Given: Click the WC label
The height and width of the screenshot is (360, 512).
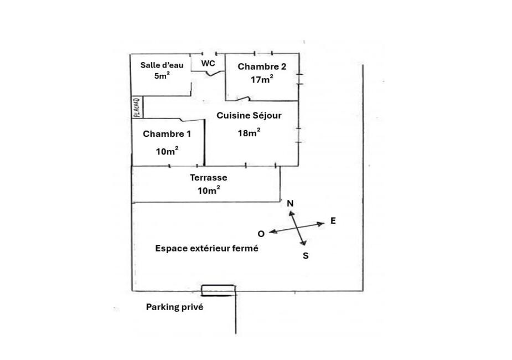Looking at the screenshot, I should tap(208, 63).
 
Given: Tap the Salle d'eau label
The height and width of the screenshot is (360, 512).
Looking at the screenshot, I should tap(162, 65).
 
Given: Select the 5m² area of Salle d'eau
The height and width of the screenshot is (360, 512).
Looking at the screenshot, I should tap(162, 76).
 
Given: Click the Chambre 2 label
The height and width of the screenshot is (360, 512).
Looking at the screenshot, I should tap(262, 66).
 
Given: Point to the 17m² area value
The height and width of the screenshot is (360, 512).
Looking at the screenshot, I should tap(262, 79).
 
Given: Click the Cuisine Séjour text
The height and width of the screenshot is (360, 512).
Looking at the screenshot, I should tap(249, 116).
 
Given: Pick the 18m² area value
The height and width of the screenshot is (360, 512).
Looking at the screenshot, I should tap(249, 132).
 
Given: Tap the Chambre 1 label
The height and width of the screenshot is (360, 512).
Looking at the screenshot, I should tap(167, 133).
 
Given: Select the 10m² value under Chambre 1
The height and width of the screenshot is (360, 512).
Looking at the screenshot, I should tap(167, 151).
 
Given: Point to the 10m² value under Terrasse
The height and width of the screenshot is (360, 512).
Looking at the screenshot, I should tap(209, 190).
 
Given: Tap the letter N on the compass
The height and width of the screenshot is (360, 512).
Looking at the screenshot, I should tap(290, 204).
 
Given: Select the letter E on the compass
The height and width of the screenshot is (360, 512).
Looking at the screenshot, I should tap(333, 220).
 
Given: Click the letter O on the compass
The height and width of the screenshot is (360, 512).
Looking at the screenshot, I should tap(261, 234).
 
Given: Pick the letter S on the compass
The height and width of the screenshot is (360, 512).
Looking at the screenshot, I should tap(306, 255).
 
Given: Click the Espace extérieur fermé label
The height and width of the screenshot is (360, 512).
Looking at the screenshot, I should tap(206, 249).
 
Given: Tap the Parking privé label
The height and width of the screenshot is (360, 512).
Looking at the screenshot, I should tap(174, 306).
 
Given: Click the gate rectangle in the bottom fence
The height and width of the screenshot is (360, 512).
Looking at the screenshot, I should tap(218, 290).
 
